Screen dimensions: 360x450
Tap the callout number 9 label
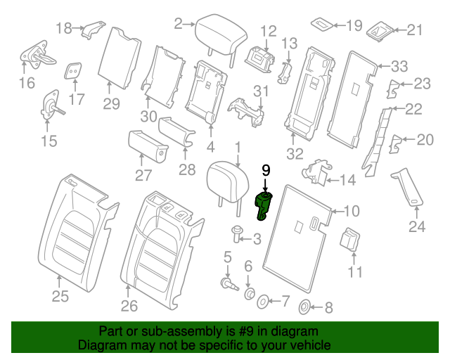coord(266,170)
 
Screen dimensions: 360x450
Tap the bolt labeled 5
coord(228,283)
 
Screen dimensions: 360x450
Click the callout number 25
coord(60,297)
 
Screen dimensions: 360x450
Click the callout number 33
coord(399,67)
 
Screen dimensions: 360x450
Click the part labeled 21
coord(382,30)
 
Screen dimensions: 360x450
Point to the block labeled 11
coord(350,239)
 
